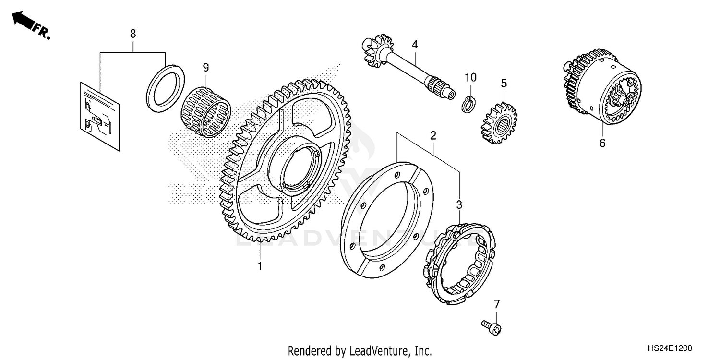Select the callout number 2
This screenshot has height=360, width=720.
point(433,135)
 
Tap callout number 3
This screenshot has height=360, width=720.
point(459,204)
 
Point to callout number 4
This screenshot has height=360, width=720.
point(415,45)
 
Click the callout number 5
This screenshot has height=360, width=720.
point(504,83)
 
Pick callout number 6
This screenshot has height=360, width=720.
point(602,143)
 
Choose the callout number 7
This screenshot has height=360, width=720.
point(497,303)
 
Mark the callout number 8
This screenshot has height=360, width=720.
point(133,34)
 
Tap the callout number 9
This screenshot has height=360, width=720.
point(205,68)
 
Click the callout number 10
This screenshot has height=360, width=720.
point(470,77)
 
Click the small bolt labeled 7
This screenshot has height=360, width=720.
point(491,326)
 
